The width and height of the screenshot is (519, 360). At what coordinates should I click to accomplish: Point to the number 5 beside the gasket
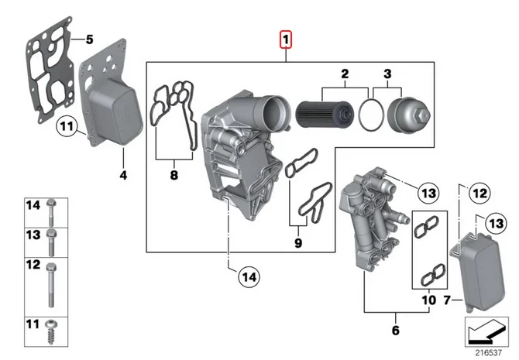click(x=88, y=39)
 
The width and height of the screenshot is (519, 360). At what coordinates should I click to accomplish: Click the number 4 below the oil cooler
click(x=122, y=176)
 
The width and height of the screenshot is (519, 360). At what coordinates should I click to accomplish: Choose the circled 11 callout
click(x=67, y=125)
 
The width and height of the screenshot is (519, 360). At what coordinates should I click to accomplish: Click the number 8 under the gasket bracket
click(x=174, y=176)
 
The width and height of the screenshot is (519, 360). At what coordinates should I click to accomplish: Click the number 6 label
click(x=395, y=331)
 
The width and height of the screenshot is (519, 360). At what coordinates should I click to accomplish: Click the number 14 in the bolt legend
click(x=32, y=205)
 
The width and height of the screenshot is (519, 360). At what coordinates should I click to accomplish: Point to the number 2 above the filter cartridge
click(x=344, y=74)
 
